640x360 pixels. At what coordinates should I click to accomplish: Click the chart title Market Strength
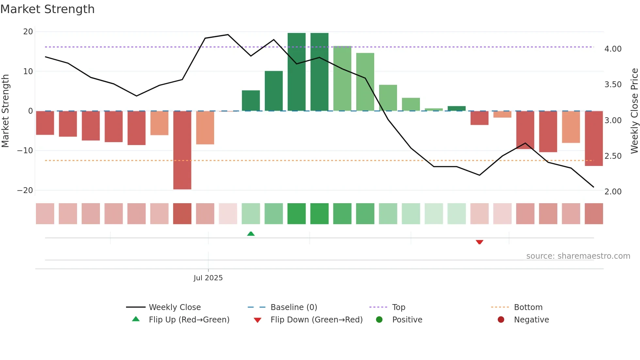(x=47, y=9)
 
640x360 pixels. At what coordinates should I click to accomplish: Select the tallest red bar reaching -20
(x=182, y=150)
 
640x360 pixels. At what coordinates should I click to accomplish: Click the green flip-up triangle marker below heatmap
(x=251, y=234)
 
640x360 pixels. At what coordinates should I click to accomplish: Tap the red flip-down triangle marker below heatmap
(x=479, y=242)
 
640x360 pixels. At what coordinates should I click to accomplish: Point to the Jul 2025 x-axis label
(x=208, y=278)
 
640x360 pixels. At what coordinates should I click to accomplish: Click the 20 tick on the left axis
(x=28, y=32)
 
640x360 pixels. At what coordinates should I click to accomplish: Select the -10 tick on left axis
(x=25, y=151)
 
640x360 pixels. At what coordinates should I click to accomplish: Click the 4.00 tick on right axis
(x=613, y=49)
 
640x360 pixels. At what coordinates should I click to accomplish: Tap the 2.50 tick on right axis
(x=613, y=156)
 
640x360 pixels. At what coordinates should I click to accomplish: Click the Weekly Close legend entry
(x=174, y=307)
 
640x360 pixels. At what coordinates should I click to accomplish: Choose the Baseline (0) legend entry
(x=294, y=307)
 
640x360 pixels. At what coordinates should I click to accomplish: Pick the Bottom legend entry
(x=528, y=307)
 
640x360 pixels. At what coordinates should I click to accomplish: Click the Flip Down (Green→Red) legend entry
(x=316, y=320)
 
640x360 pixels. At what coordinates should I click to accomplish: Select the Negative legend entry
(x=531, y=320)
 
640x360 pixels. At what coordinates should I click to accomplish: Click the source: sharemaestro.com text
(x=578, y=256)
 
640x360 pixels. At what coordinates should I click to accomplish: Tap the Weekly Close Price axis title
(x=634, y=111)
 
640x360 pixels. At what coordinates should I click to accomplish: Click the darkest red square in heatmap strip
(x=182, y=214)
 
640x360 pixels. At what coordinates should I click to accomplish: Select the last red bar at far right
(x=594, y=138)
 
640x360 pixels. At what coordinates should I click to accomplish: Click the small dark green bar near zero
(x=456, y=108)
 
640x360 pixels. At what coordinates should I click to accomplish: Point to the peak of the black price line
(x=228, y=35)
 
